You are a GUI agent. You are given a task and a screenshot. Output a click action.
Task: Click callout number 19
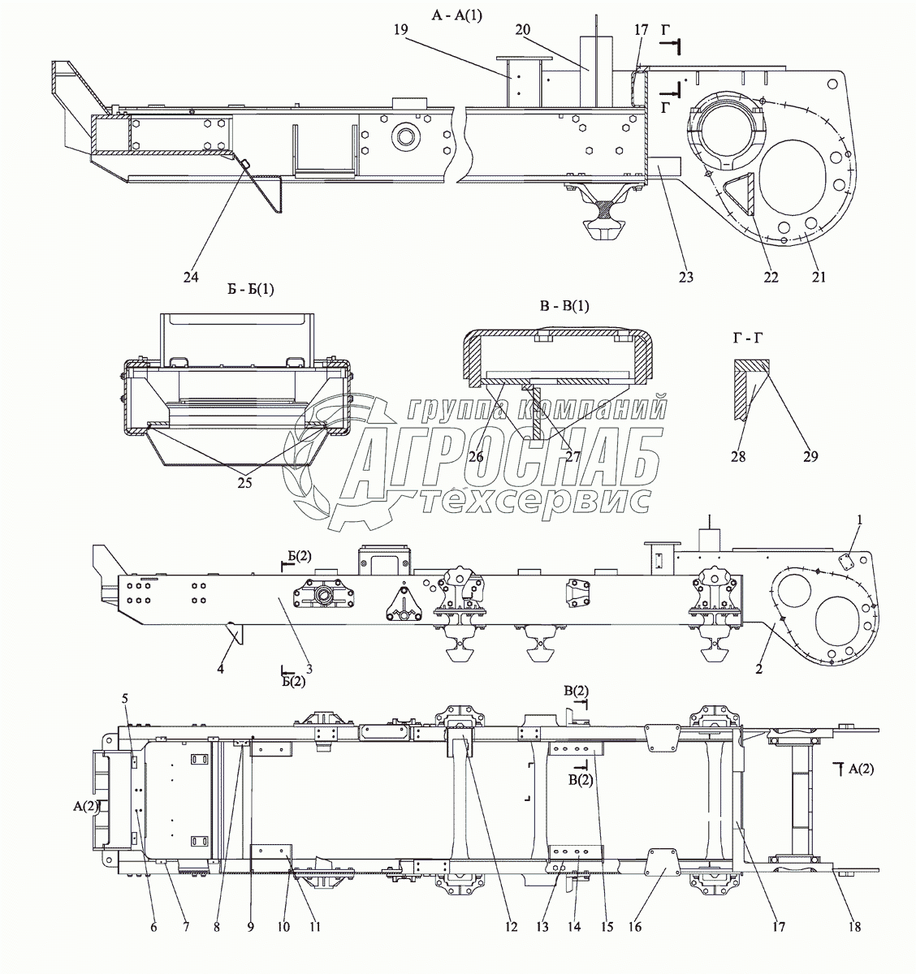click(x=400, y=30)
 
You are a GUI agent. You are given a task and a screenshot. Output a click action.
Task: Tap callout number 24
click(x=191, y=277)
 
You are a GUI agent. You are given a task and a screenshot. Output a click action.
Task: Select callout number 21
click(x=819, y=277)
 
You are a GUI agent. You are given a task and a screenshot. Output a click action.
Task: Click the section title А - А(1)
click(x=456, y=15)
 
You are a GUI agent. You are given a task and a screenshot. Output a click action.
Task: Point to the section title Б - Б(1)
click(x=250, y=289)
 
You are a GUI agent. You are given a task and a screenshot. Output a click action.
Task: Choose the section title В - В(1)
click(x=564, y=307)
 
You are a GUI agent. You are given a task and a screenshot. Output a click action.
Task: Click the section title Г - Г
click(x=748, y=338)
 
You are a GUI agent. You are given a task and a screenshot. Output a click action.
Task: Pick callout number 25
click(x=244, y=483)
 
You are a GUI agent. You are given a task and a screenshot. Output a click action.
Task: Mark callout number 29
click(x=810, y=457)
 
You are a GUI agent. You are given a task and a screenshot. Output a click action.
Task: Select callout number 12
click(x=511, y=927)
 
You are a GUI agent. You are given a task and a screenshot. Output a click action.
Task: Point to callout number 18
click(x=854, y=927)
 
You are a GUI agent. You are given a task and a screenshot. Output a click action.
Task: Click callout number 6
click(x=153, y=927)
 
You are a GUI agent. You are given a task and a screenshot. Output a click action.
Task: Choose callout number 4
click(x=220, y=669)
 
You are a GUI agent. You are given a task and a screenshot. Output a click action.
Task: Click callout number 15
click(x=607, y=927)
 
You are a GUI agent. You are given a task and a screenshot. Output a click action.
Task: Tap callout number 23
click(x=685, y=277)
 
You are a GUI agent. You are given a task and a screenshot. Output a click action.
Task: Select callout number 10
click(x=283, y=927)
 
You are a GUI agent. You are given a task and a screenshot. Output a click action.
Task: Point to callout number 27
click(x=572, y=457)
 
